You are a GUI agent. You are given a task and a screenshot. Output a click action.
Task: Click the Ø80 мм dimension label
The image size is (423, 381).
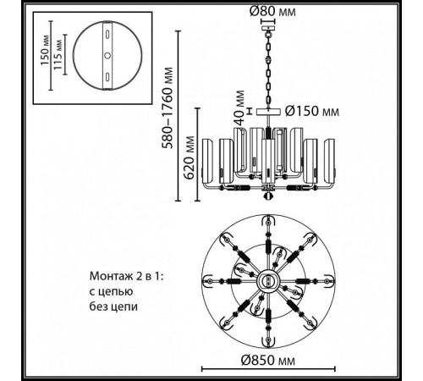point(272,12)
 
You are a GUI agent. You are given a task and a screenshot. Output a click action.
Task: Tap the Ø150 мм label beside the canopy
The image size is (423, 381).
point(312,111)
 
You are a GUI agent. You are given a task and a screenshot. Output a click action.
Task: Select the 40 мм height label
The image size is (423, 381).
point(239,108)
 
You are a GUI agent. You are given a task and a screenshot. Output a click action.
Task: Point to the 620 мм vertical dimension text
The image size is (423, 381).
point(190,157)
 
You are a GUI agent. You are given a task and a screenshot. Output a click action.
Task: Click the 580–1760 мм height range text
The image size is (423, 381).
point(168,108)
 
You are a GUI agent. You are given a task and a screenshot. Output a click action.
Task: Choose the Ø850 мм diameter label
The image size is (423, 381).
point(268,361)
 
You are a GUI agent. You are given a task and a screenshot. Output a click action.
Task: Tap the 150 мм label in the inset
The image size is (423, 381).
point(45,50)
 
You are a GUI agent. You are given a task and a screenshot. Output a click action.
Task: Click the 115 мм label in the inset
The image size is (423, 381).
point(58,55)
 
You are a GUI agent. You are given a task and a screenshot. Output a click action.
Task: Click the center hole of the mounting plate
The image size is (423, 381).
point(107,56)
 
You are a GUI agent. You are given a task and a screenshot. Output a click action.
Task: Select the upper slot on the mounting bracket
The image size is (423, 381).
point(107,34)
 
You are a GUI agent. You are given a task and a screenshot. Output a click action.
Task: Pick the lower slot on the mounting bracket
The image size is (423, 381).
point(107,77)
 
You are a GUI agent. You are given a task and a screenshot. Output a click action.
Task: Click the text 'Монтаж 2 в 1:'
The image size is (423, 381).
point(127,276)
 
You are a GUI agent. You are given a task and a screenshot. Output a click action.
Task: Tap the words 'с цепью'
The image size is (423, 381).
point(112,291)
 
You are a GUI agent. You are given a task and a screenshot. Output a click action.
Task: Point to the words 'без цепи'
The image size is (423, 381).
point(113,306)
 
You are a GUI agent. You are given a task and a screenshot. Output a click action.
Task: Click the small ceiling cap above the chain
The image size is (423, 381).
point(268,28)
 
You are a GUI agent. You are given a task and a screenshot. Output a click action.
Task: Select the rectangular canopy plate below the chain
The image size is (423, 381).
point(268,112)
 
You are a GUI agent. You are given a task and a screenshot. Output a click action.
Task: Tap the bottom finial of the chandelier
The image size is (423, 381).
point(268,196)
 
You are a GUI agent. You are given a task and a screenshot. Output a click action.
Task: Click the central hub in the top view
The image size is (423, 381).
point(268,281)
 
